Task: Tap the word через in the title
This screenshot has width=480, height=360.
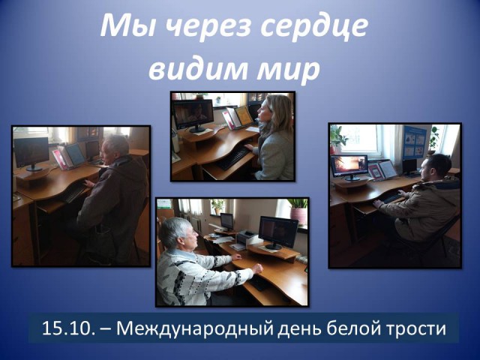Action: click(x=208, y=27)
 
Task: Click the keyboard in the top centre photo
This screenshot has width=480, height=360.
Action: click(x=232, y=158)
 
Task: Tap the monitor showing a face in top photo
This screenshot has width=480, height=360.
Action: click(x=193, y=115)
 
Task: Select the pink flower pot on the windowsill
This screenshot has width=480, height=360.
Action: click(x=298, y=215)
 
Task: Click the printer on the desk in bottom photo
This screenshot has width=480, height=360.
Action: click(x=247, y=236)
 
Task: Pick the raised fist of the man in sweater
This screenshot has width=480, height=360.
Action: click(x=256, y=268)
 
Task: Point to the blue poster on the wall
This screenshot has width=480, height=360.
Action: click(x=414, y=142)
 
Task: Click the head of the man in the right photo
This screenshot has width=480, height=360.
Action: click(x=435, y=167)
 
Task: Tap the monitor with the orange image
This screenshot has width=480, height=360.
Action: click(x=349, y=167)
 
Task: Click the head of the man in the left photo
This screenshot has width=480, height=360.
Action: click(x=116, y=149)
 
